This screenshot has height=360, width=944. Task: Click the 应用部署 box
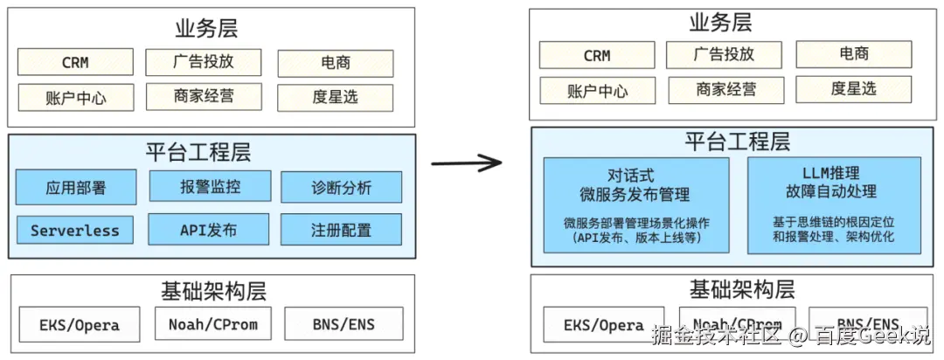tap(76, 187)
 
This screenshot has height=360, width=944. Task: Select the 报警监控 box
tap(210, 186)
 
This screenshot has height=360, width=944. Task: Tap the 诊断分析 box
tap(341, 187)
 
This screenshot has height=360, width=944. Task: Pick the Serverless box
tap(75, 231)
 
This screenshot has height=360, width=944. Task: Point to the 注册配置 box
tap(341, 230)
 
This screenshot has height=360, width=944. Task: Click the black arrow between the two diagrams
tap(468, 163)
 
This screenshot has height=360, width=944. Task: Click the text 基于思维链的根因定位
tap(833, 221)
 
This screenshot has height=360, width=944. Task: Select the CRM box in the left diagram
tap(75, 62)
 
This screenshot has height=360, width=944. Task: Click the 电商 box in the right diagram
tap(853, 54)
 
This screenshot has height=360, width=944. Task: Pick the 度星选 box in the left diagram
tap(335, 96)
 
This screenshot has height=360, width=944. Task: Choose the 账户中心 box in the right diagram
tap(597, 91)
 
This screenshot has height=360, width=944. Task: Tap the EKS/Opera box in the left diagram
tap(79, 325)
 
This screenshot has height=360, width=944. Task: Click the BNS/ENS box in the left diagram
tap(344, 324)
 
